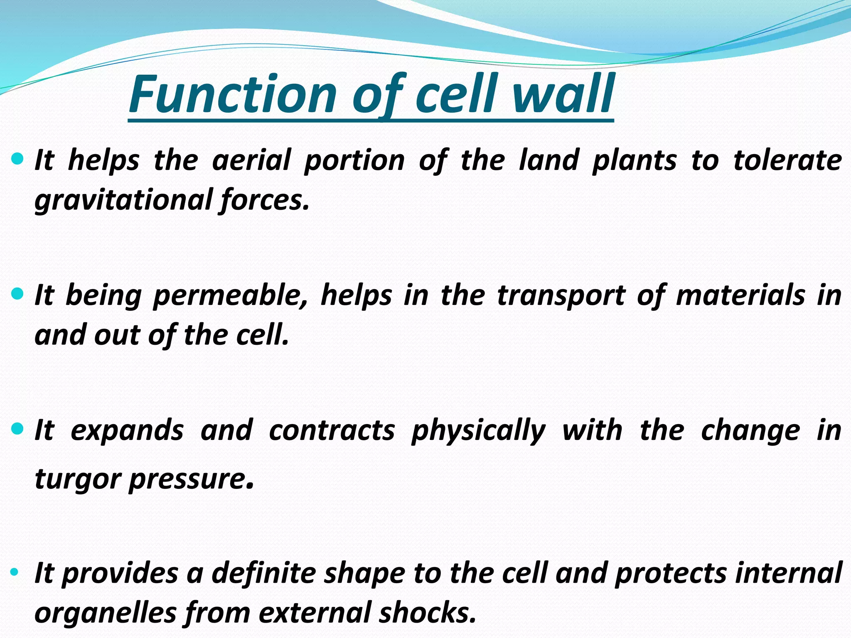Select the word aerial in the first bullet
[x=251, y=160]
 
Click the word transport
[x=561, y=296]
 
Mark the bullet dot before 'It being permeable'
[x=17, y=294]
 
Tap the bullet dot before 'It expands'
[x=17, y=429]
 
